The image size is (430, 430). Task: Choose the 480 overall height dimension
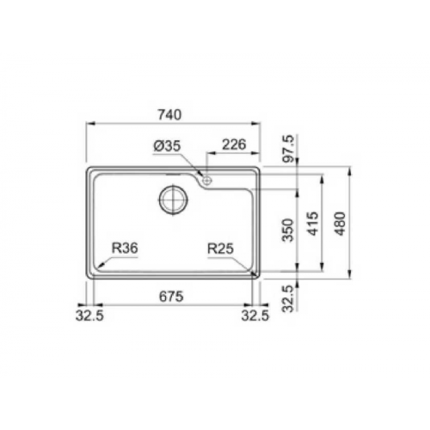343,222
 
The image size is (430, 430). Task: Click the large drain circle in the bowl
172,198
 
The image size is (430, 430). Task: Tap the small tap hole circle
206,179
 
